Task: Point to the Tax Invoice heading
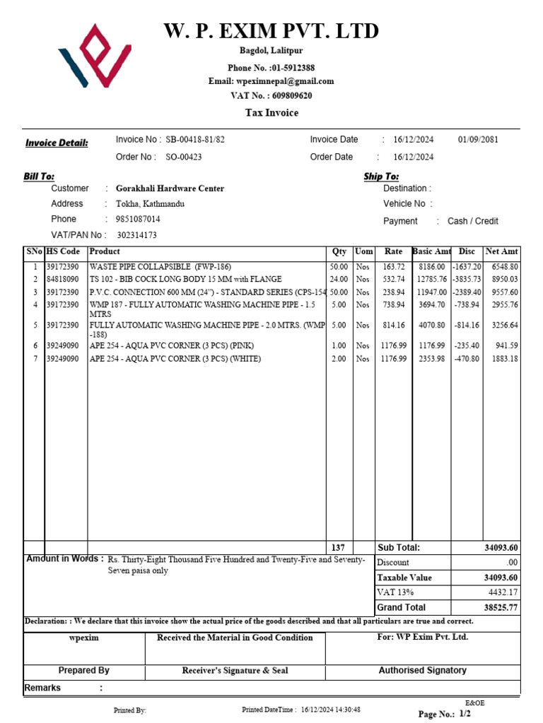click(x=271, y=113)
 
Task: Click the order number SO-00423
click(x=184, y=157)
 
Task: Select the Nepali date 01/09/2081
click(x=478, y=140)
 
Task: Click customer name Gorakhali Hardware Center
click(x=170, y=189)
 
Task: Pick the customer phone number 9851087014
click(x=138, y=219)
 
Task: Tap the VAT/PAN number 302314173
click(x=136, y=235)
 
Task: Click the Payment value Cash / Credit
click(x=473, y=221)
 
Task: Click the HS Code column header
click(x=64, y=251)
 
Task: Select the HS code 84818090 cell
click(x=63, y=279)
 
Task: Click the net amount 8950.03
click(x=503, y=279)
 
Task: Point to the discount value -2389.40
click(x=467, y=292)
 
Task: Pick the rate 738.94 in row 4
click(x=394, y=304)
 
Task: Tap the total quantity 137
click(x=338, y=548)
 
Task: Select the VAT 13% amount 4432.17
click(x=503, y=592)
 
